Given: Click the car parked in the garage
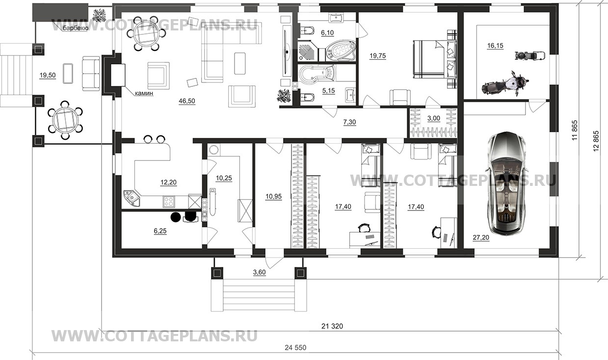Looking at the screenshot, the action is tap(506, 183).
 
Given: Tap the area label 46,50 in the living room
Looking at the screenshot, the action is tap(187, 101).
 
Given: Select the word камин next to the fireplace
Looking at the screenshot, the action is tap(144, 93).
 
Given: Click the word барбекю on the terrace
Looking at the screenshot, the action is tap(76, 28).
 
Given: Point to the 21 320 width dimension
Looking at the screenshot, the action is tap(332, 326).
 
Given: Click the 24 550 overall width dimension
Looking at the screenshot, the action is tap(295, 348).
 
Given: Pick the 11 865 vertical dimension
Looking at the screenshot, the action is tap(574, 130).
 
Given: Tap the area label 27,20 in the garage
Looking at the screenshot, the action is tap(481, 238).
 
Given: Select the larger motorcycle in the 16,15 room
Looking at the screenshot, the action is tap(505, 83).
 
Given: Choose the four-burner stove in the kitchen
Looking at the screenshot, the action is tap(168, 202).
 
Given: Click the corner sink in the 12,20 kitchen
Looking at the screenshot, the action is tap(132, 198).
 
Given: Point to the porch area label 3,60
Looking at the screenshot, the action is tap(259, 272).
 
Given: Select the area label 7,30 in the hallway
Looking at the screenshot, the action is tap(349, 122).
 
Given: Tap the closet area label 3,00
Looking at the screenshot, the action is tap(433, 118).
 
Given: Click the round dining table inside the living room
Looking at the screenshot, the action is tap(146, 33).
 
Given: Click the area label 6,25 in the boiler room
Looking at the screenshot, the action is tap(160, 231).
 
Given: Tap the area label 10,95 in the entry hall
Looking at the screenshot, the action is tap(274, 196).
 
